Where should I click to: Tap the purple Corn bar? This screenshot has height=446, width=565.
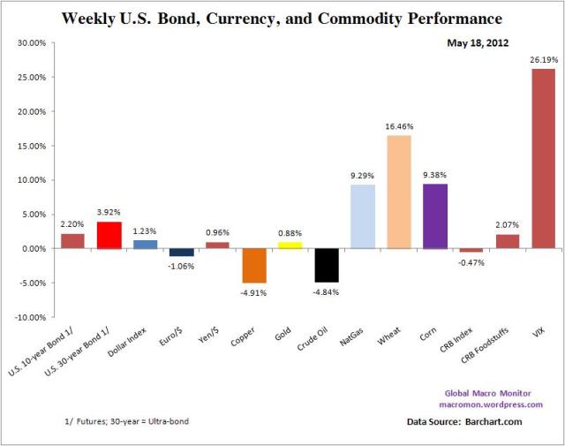(435, 216)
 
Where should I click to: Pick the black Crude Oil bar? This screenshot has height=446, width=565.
(327, 265)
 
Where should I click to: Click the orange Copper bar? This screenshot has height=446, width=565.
(254, 265)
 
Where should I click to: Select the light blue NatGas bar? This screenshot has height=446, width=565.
(363, 216)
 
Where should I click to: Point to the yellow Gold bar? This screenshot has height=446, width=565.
(290, 246)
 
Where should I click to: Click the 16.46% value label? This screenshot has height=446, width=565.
(399, 126)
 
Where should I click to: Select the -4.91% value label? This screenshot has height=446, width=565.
(254, 291)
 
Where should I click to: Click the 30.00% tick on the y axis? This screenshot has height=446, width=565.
(32, 42)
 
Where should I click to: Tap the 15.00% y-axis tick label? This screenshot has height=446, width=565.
(32, 146)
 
